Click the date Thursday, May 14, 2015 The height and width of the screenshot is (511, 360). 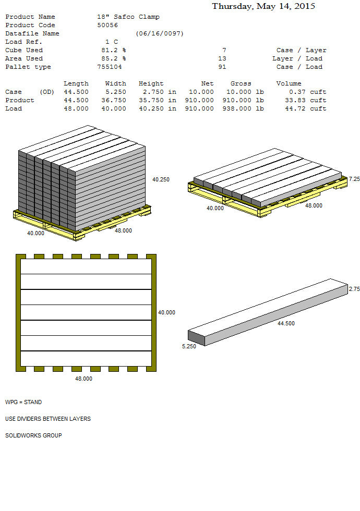point(263,6)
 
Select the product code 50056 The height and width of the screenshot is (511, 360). point(107,25)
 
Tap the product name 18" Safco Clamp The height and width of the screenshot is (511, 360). point(128,17)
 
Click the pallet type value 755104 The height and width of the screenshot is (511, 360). point(109,67)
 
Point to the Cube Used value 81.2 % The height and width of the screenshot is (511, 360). point(114,50)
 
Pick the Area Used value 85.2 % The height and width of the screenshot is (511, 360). point(114,58)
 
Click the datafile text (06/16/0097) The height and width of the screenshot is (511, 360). point(160,33)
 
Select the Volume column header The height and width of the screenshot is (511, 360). point(289,83)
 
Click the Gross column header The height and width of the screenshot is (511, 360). point(241,83)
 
